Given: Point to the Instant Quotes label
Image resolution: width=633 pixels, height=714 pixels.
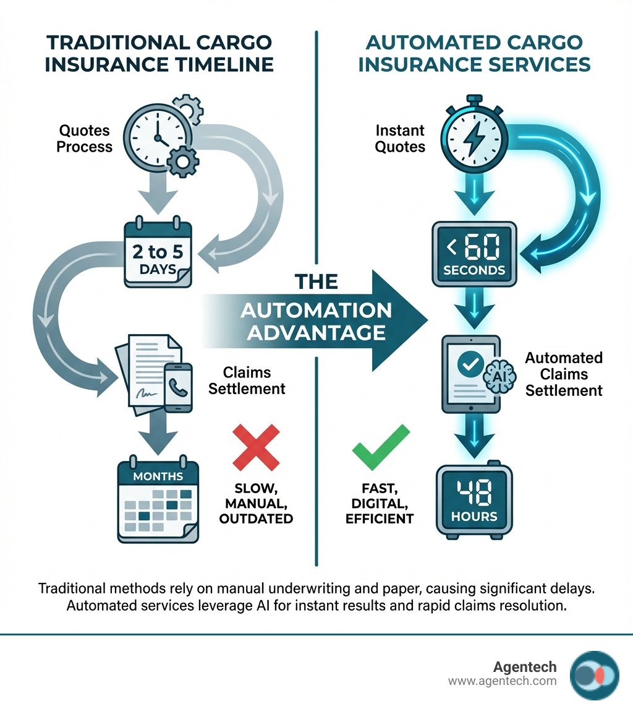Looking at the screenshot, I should [x=400, y=139].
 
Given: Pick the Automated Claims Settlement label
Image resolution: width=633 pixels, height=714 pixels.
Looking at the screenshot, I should [x=563, y=374].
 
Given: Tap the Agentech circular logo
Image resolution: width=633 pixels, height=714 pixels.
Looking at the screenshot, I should [x=594, y=675].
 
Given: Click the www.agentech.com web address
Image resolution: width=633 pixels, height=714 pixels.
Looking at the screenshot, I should [x=502, y=681].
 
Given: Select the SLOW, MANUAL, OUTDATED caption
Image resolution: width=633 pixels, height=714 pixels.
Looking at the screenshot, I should [x=255, y=502].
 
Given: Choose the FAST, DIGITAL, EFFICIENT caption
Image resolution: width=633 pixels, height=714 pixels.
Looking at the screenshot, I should [x=379, y=502].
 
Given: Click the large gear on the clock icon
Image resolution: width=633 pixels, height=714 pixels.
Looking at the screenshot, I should [x=182, y=163].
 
